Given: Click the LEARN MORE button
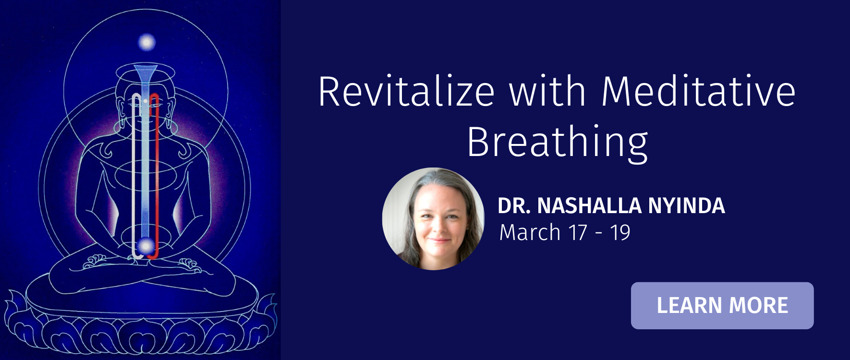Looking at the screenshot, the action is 722,306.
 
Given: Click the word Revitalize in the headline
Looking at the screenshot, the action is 406,91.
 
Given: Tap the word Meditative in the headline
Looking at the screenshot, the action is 698,91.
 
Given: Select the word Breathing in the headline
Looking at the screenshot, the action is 558,143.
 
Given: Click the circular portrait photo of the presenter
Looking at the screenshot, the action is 433,219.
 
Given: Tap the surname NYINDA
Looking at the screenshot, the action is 686,206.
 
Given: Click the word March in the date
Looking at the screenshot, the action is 530,233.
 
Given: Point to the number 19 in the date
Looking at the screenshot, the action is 620,233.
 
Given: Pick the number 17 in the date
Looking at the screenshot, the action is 578,233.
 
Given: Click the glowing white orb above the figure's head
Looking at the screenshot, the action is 146,42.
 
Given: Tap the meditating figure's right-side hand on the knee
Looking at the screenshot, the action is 189,264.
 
